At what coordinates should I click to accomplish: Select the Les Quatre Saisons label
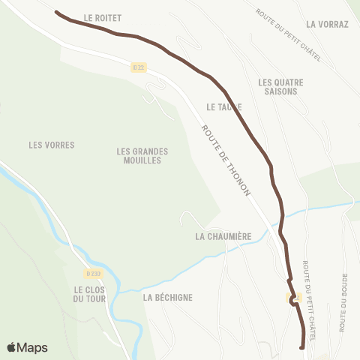[277, 86]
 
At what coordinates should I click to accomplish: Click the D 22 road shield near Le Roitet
[137, 67]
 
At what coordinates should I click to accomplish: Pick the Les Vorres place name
[51, 145]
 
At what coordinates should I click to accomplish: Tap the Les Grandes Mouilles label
[142, 156]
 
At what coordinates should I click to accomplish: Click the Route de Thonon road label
[227, 161]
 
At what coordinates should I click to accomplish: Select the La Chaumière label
[222, 236]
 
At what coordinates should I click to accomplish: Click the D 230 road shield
[92, 273]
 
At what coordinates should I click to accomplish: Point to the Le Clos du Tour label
[90, 294]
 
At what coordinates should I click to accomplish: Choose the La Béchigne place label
[168, 297]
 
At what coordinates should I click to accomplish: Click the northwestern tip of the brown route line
[57, 12]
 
